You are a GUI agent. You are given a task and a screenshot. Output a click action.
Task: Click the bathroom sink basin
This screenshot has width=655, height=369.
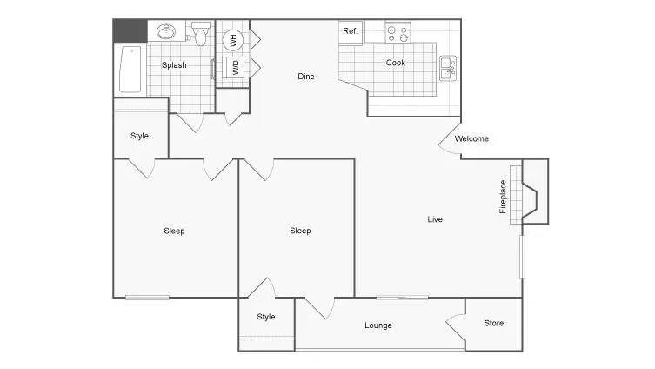[166, 31]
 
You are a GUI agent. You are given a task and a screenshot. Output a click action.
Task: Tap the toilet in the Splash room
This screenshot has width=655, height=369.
[201, 34]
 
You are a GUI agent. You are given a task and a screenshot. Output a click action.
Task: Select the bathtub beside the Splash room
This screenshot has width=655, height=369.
[130, 69]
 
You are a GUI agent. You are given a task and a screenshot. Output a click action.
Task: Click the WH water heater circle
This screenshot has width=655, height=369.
[232, 41]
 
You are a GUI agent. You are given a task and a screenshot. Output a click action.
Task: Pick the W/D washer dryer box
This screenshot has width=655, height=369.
[235, 68]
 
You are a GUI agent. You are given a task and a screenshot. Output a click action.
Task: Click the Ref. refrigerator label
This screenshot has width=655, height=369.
[350, 31]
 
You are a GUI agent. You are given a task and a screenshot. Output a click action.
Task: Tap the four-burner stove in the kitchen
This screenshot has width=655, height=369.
[398, 33]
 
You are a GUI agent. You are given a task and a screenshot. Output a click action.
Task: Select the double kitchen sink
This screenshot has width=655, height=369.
[448, 69]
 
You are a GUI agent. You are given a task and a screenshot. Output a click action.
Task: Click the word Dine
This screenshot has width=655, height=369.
[306, 77]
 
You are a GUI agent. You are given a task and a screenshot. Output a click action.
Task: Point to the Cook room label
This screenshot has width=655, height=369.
[396, 63]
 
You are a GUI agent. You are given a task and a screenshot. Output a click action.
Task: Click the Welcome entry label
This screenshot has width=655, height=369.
[471, 138]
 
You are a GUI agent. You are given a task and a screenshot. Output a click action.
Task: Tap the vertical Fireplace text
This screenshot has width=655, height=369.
[503, 197]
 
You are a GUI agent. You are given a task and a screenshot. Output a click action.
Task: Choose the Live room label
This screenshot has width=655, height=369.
[435, 219]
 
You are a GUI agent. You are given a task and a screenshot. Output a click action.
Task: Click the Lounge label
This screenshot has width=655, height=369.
[378, 325]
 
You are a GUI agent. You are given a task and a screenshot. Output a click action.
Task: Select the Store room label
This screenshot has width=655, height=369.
[494, 324]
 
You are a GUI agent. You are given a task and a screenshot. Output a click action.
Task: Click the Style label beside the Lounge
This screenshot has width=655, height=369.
[266, 317]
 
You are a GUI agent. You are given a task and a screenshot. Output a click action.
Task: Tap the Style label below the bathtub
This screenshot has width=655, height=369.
[139, 136]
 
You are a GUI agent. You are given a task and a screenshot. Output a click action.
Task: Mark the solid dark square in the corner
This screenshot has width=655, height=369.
[130, 31]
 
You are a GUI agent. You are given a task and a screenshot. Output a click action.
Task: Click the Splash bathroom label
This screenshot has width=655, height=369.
[174, 65]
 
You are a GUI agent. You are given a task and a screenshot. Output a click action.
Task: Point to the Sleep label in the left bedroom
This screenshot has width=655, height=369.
[174, 231]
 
